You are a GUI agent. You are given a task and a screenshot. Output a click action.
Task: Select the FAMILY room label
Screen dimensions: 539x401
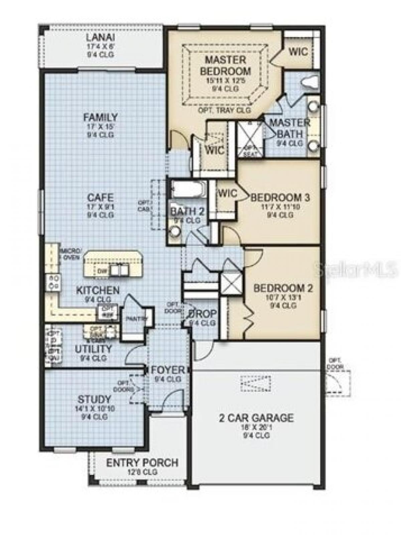(100, 117)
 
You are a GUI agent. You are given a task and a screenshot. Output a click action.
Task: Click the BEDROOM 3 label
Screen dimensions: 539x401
(280, 197)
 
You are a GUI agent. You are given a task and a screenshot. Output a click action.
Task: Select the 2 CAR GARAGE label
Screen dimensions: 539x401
(256, 418)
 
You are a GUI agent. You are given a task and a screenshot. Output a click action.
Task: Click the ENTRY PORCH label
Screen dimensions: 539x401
(142, 463)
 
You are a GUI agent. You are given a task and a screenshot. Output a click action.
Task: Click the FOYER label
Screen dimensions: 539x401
(168, 370)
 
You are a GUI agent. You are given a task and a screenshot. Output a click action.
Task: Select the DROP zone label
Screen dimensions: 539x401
(202, 314)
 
